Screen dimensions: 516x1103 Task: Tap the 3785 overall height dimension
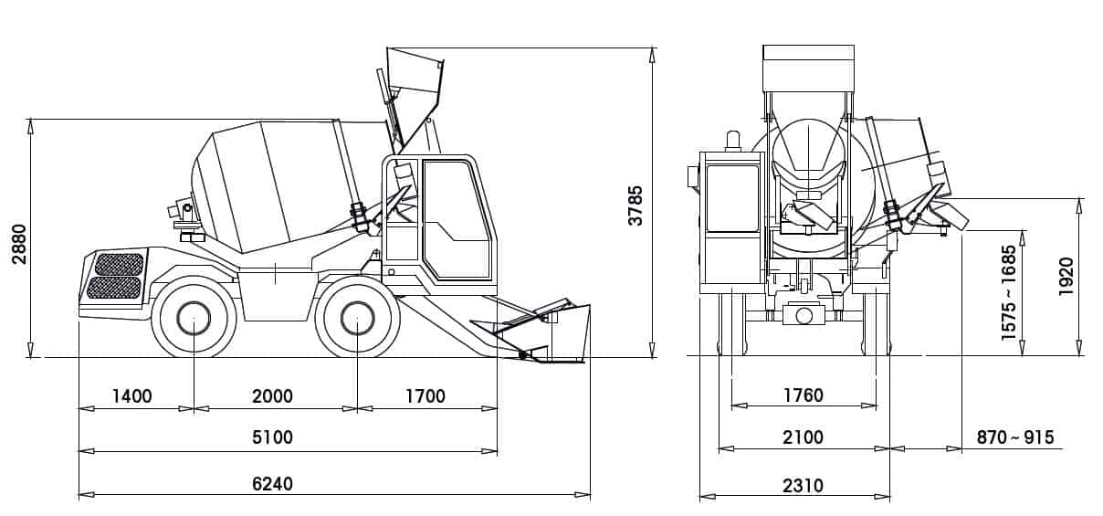coord(636,205)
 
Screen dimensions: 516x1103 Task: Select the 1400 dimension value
coord(131,396)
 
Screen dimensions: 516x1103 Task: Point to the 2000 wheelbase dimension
coord(272,396)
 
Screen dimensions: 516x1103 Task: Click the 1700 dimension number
coord(425,396)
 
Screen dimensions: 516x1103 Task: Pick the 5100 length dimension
coord(272,437)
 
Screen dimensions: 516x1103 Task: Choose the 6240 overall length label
coord(272,483)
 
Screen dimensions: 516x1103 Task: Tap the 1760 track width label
coord(804,395)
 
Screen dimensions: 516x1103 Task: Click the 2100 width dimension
coord(804,437)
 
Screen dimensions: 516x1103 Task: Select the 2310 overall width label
coord(804,485)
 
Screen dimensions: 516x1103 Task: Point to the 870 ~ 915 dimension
coord(1015,437)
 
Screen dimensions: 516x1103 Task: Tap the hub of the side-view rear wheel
coord(194,319)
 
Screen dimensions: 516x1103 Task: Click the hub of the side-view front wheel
coord(358,319)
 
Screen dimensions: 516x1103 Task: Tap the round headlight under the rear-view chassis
coord(804,315)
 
